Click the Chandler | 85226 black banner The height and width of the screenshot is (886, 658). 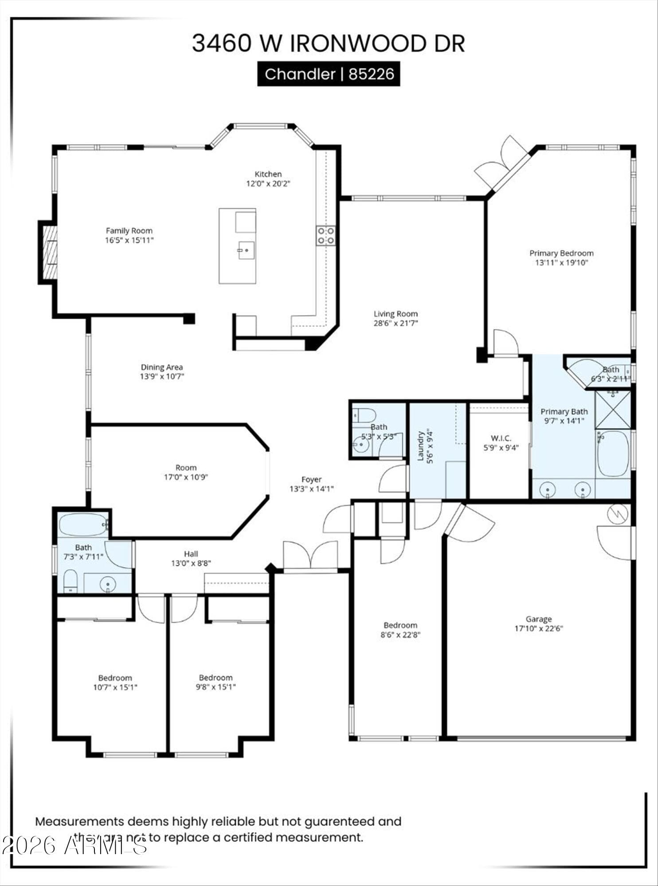(329, 74)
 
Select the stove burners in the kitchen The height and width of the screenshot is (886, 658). (325, 235)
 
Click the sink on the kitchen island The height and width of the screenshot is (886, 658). (246, 250)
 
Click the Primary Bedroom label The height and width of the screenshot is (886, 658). (561, 253)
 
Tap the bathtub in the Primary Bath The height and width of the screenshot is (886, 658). (613, 453)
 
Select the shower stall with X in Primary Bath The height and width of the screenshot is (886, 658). (613, 409)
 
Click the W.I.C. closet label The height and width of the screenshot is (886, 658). (501, 438)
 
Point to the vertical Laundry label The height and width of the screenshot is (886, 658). (421, 446)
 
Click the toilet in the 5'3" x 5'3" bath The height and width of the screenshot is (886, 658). (364, 416)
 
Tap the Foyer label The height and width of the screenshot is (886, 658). (311, 479)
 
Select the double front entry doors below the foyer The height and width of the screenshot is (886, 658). (311, 556)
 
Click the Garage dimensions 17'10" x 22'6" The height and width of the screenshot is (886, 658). (539, 628)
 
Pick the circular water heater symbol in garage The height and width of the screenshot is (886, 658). (618, 514)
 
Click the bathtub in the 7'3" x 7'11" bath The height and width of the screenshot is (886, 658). (83, 525)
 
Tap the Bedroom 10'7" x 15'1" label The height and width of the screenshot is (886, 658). (115, 678)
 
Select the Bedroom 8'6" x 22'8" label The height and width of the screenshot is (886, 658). (400, 625)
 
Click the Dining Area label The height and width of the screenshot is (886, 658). (162, 367)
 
